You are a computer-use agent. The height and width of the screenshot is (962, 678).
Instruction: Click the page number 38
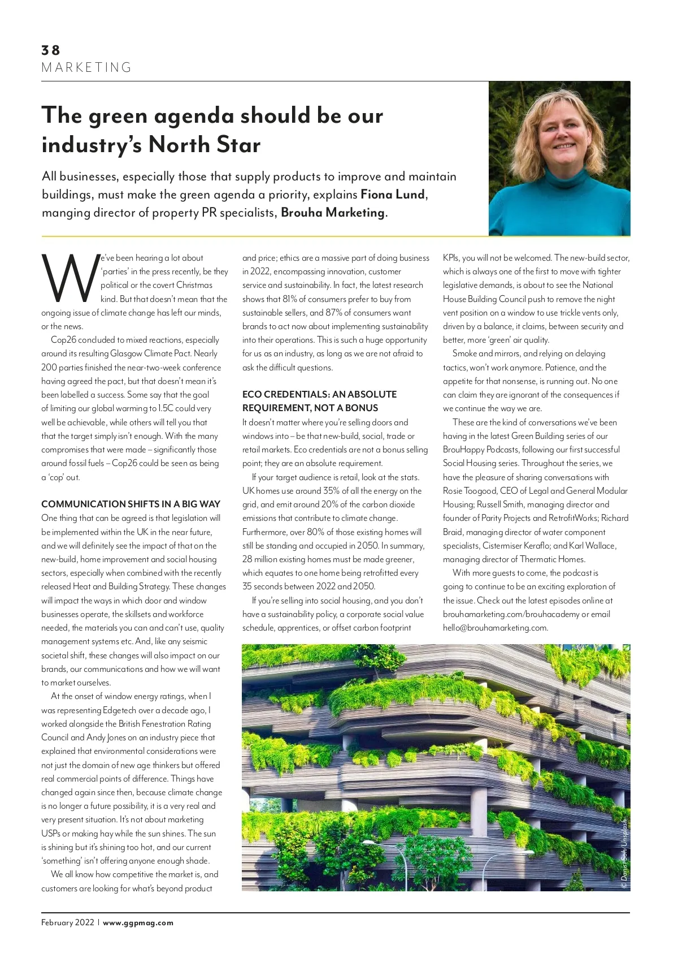[x=50, y=50]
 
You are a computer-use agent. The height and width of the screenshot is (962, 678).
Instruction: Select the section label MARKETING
[x=86, y=68]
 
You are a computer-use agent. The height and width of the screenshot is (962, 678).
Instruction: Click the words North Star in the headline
[x=205, y=145]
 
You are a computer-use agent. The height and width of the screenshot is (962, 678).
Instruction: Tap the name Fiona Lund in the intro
[x=393, y=195]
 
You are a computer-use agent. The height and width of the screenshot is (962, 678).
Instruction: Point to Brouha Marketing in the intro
[x=333, y=213]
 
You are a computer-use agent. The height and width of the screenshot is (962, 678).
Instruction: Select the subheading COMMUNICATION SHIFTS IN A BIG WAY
[x=131, y=504]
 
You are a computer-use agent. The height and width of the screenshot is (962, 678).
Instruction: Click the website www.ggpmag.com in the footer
[x=138, y=922]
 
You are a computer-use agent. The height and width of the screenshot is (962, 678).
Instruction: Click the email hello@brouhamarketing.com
[x=495, y=628]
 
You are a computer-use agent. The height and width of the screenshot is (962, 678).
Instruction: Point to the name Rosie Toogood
[x=469, y=491]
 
